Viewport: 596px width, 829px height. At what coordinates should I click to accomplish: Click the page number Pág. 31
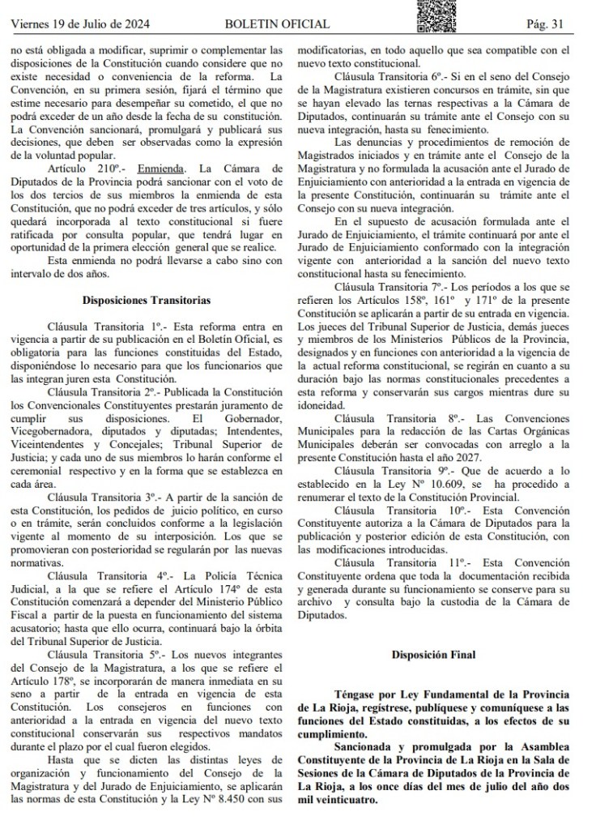pyautogui.click(x=545, y=24)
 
